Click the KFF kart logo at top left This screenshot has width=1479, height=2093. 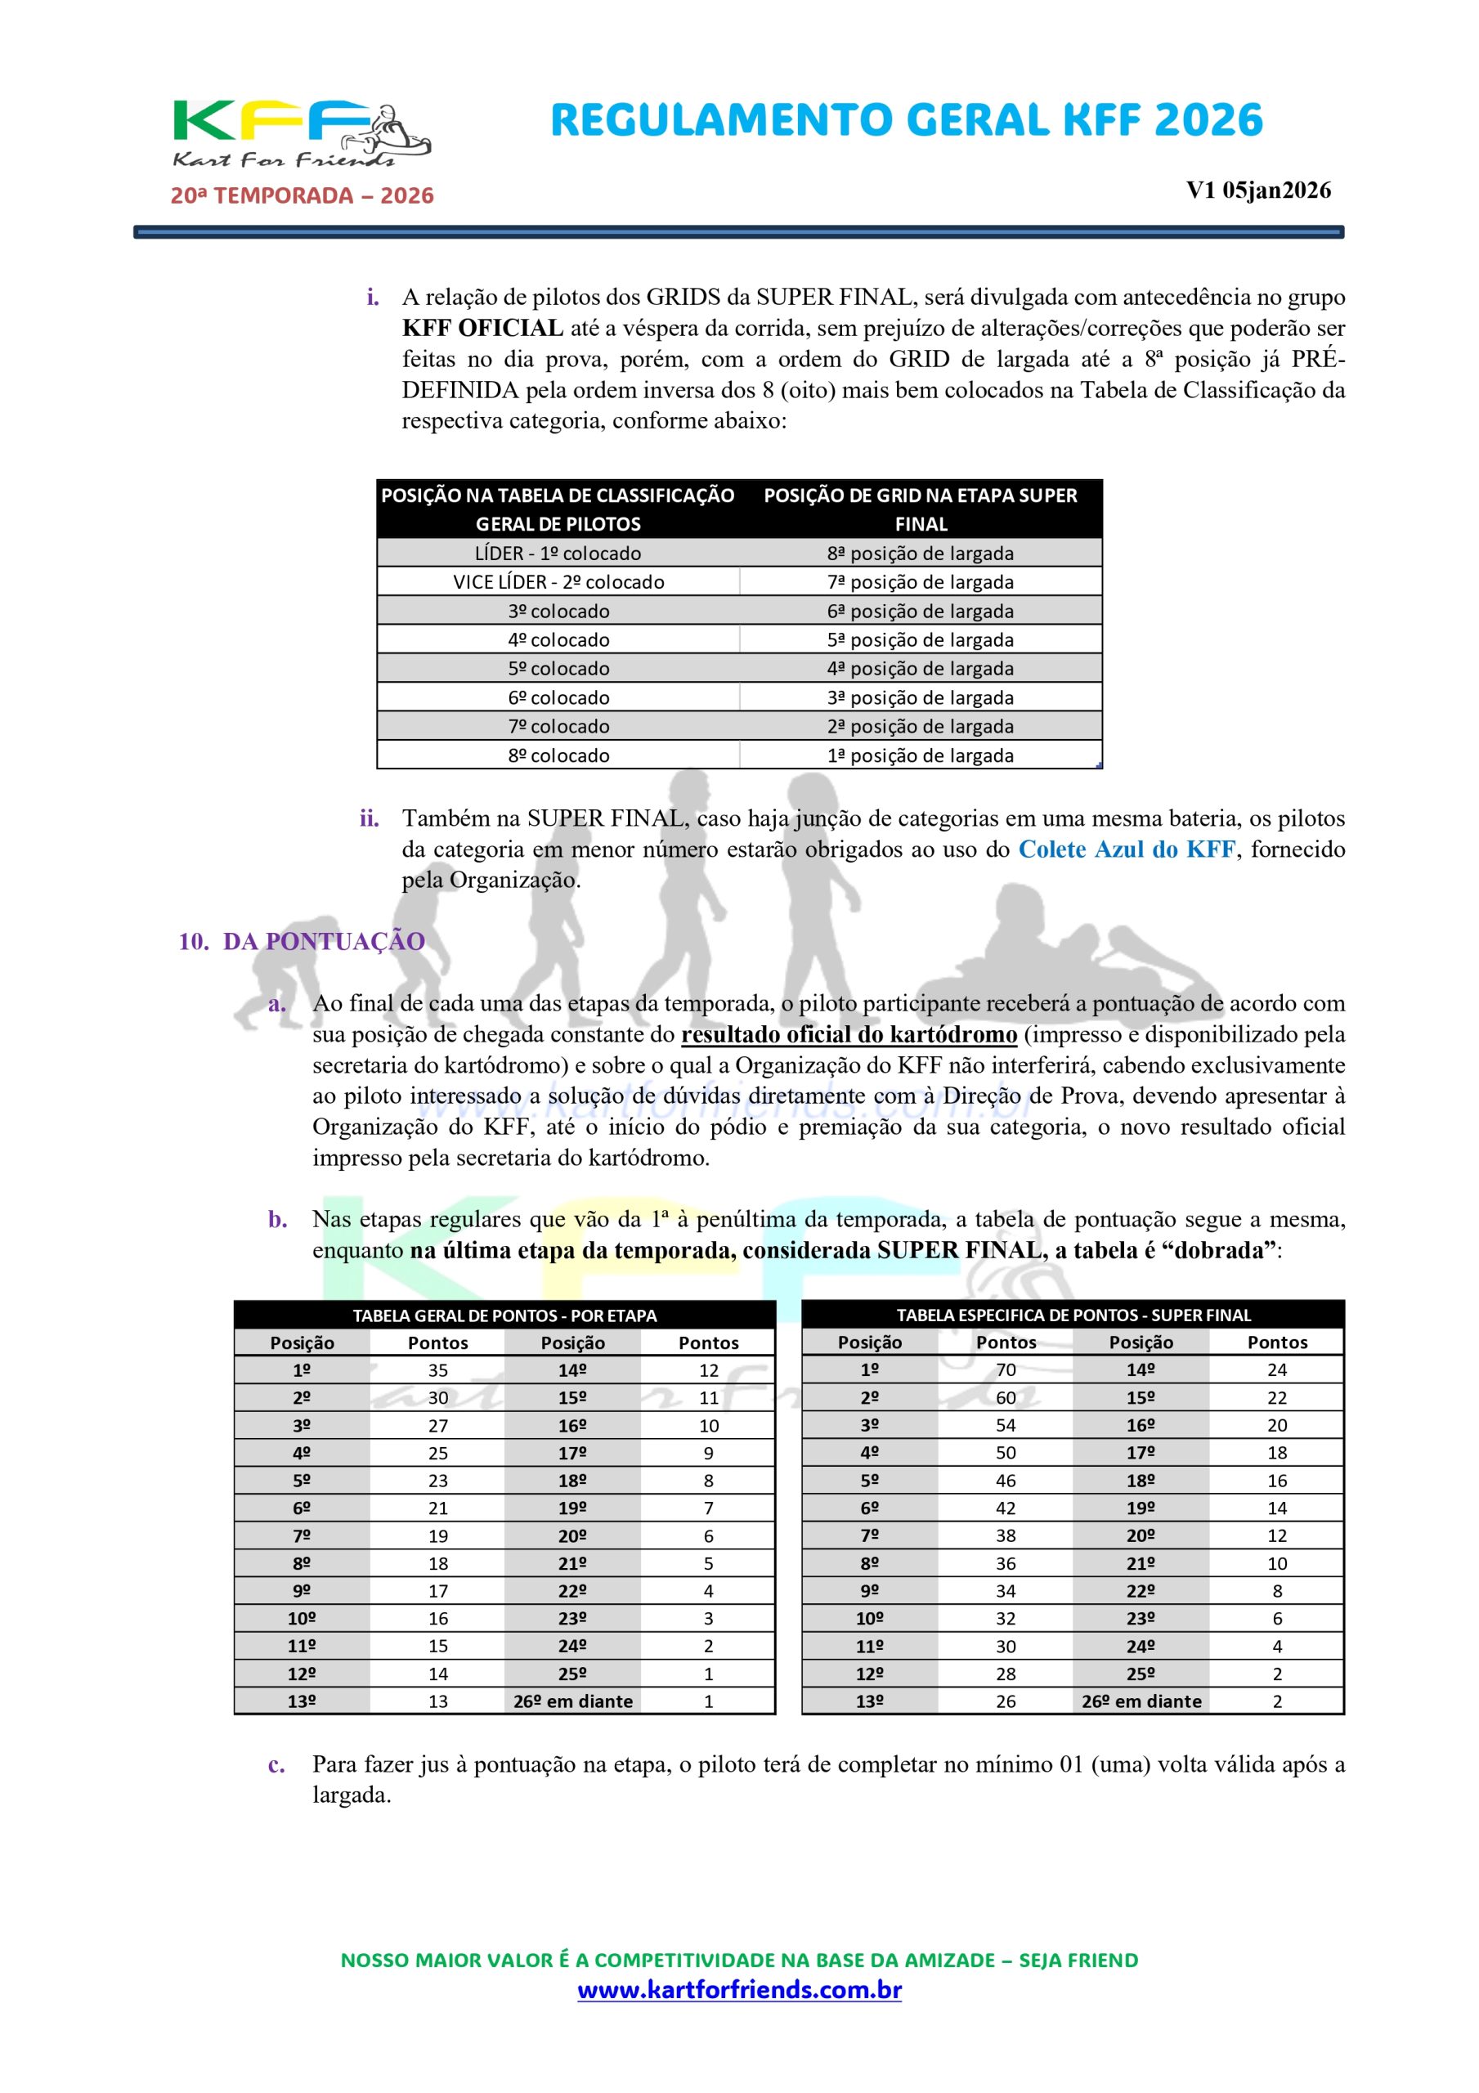click(x=301, y=133)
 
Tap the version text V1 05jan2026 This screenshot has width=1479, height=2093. click(x=1257, y=190)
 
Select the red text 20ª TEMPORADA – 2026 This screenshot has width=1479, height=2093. click(x=302, y=196)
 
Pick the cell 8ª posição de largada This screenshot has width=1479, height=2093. click(x=920, y=554)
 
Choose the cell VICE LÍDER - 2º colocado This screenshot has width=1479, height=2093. click(x=558, y=581)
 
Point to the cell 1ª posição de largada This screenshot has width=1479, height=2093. click(x=920, y=755)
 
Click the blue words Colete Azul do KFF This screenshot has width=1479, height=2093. click(x=1126, y=849)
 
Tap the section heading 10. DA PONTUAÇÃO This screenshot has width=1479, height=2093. click(x=302, y=942)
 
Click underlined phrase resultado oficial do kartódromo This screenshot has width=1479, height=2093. click(x=849, y=1035)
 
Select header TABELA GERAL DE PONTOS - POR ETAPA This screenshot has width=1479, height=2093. click(x=504, y=1315)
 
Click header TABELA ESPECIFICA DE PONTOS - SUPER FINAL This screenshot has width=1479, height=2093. click(x=1073, y=1315)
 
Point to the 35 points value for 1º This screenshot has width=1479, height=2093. click(x=437, y=1370)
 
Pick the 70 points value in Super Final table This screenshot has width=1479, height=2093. click(x=1006, y=1370)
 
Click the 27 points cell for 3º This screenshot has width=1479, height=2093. click(x=437, y=1426)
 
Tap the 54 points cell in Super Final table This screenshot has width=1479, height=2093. click(x=1006, y=1426)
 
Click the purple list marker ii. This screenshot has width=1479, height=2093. click(x=370, y=818)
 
